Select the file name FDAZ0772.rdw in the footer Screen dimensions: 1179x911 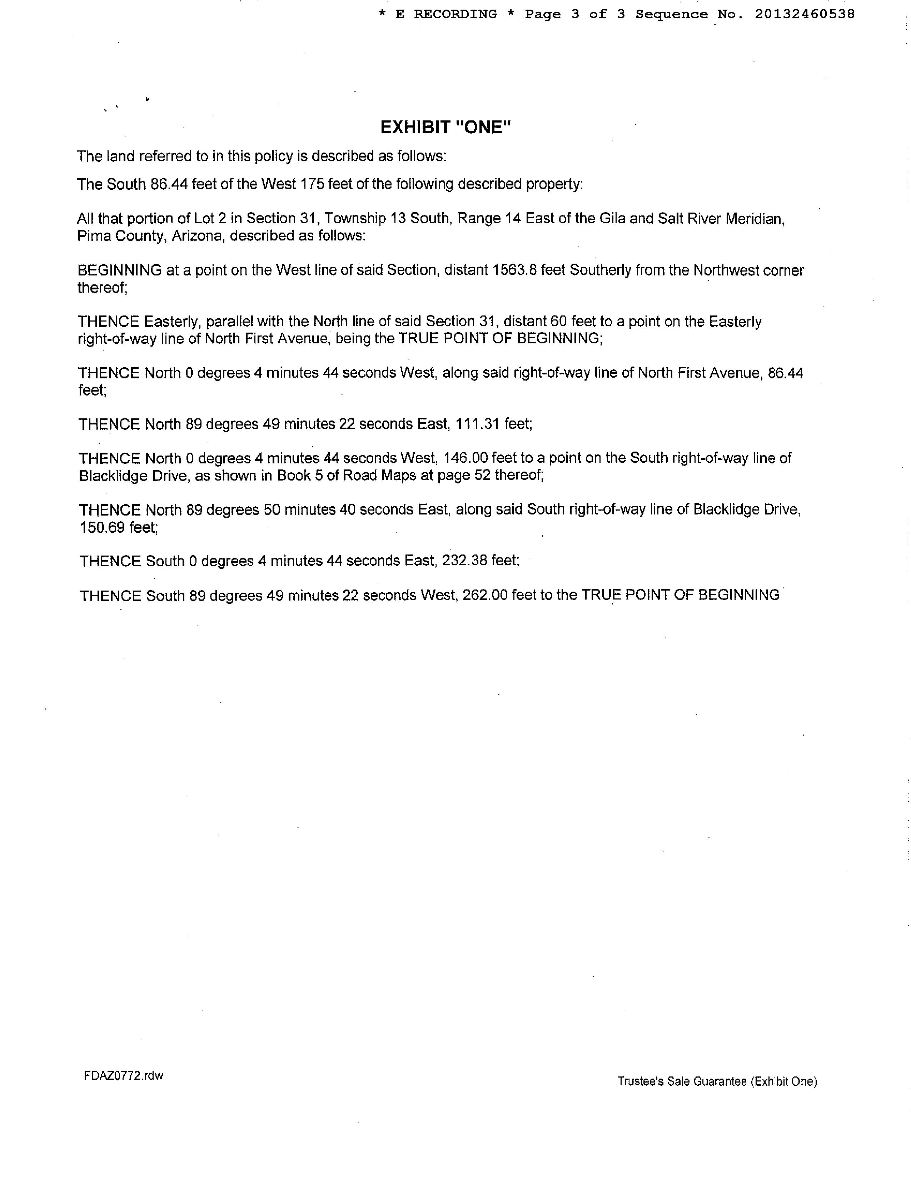124,1075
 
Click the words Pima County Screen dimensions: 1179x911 120,236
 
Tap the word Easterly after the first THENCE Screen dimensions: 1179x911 172,322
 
